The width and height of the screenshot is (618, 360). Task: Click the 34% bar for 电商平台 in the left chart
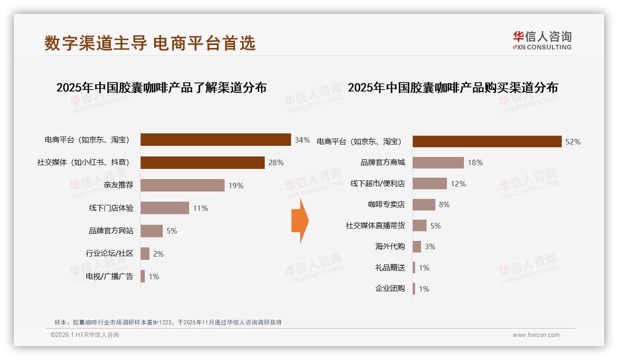[x=215, y=140]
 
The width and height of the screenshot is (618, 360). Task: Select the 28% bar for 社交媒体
[x=202, y=162]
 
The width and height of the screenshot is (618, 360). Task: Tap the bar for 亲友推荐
[x=182, y=185]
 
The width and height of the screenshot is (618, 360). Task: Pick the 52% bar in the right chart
[x=487, y=142]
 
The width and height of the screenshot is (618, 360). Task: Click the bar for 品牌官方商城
[x=438, y=162]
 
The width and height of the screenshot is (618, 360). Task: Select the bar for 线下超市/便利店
[x=429, y=183]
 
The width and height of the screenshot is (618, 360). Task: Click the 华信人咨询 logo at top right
[x=542, y=41]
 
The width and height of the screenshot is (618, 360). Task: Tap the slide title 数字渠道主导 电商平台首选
[x=150, y=43]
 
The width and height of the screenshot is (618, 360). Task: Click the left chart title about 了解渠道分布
[x=161, y=88]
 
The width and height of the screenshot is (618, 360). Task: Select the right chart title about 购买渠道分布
[x=452, y=88]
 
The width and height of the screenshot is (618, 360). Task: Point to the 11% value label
[x=200, y=208]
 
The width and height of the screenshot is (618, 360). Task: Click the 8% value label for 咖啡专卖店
[x=444, y=204]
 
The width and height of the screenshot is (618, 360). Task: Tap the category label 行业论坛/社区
[x=109, y=253]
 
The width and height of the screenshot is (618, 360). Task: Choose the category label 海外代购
[x=390, y=246]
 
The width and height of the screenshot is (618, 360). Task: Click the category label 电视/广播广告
[x=109, y=276]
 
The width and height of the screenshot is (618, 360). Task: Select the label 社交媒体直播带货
[x=375, y=226]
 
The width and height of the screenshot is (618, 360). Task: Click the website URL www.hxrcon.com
[x=536, y=335]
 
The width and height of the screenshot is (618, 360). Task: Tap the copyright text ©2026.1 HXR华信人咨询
[x=85, y=335]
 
